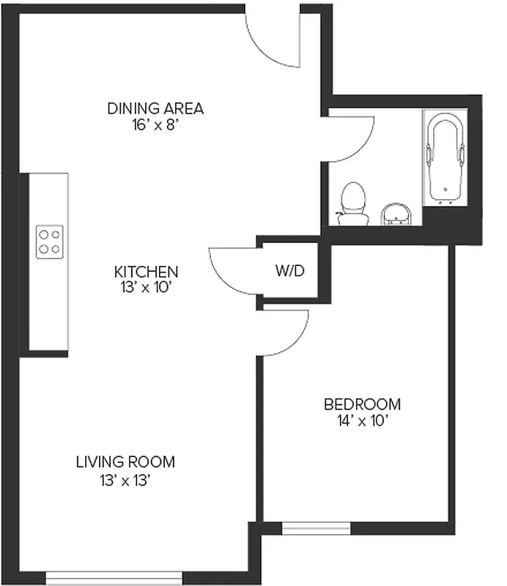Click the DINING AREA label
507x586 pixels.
click(155, 109)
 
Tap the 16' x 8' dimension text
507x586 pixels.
click(155, 125)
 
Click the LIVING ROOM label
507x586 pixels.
click(126, 462)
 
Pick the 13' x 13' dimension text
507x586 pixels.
click(126, 480)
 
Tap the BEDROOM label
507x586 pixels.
click(362, 404)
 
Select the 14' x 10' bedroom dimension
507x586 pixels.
click(362, 420)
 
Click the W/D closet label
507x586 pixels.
click(289, 271)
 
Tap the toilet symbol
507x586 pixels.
click(353, 204)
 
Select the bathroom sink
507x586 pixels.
click(398, 214)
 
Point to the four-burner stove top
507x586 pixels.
click(50, 242)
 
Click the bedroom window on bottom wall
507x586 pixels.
click(316, 528)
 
